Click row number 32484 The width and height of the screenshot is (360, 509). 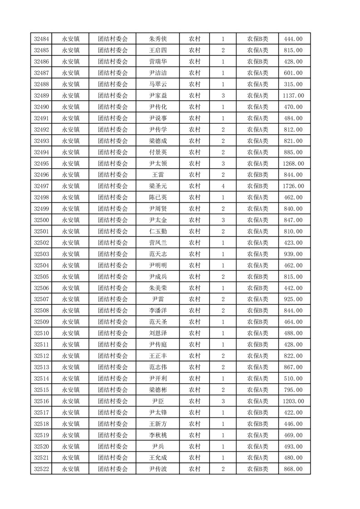(41, 39)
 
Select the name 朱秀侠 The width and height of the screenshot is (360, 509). (158, 39)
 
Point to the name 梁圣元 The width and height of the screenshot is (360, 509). (158, 186)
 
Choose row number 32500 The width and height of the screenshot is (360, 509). (41, 220)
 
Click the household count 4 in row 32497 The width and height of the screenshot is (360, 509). (223, 186)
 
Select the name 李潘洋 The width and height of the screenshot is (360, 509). (158, 311)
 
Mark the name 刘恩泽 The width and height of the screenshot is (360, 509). (158, 333)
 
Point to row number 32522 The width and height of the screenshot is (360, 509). (41, 469)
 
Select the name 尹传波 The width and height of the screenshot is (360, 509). (158, 469)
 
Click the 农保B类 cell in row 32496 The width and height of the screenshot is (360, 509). (257, 175)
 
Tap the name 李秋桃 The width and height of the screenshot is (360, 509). (158, 435)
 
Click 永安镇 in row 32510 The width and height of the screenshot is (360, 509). (71, 333)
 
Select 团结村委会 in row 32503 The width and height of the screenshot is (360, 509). (113, 254)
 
